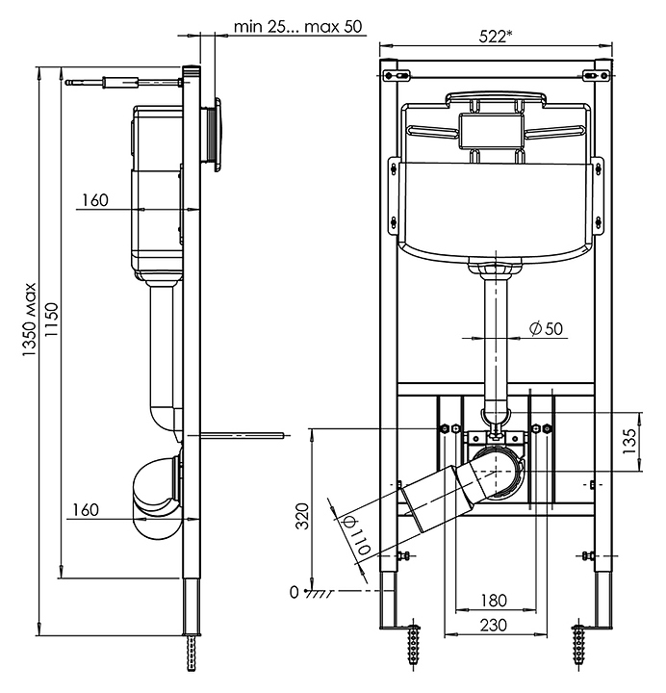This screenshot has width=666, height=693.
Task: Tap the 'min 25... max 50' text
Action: click(297, 27)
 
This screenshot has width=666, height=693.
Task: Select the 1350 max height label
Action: click(30, 321)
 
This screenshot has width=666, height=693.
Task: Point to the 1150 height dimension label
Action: click(52, 320)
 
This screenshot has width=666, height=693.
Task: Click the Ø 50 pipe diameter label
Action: click(547, 328)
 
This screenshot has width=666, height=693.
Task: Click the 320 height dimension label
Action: click(303, 516)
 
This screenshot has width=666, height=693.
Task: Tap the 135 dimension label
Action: click(628, 442)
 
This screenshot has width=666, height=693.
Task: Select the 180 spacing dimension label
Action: click(494, 601)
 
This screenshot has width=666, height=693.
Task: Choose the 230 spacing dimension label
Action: click(494, 625)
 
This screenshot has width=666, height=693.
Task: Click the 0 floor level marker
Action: click(294, 592)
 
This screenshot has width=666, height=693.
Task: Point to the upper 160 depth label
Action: click(95, 200)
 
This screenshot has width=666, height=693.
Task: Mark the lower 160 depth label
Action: click(86, 509)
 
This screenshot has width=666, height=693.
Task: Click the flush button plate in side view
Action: click(217, 135)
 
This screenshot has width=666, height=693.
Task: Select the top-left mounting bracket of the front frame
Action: click(397, 76)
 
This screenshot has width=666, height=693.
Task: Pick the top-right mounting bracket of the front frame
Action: click(596, 76)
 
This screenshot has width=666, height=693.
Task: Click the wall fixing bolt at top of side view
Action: click(124, 83)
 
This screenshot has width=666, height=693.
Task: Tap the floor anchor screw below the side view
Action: click(192, 654)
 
